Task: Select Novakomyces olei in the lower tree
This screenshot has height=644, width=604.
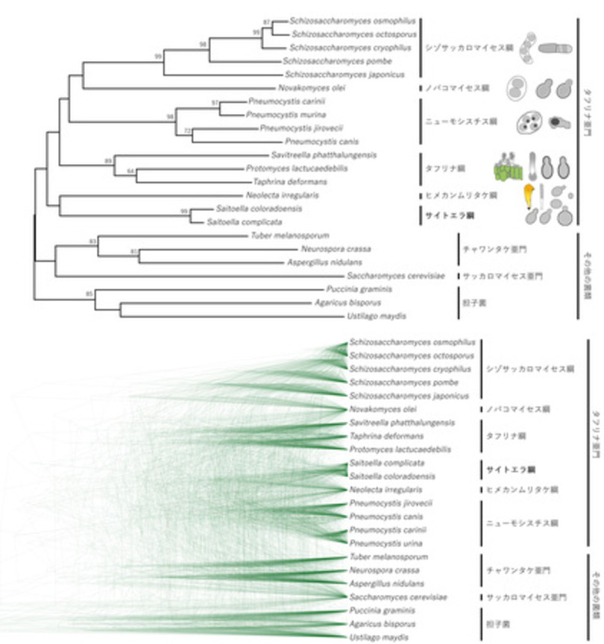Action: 380,409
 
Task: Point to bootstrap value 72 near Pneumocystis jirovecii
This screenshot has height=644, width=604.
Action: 188,130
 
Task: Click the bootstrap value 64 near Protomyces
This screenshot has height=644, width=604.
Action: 130,171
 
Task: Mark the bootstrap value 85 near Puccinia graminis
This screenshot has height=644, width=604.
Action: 89,294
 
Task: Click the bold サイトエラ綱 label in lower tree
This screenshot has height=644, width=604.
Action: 511,470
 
